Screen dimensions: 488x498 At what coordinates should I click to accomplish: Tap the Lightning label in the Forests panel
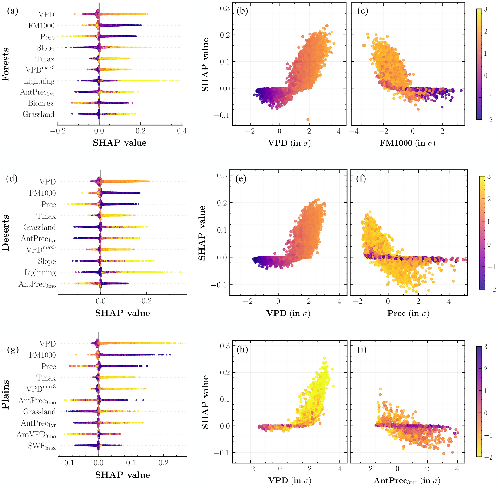[39, 81]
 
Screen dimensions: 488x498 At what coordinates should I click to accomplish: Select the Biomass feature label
[41, 103]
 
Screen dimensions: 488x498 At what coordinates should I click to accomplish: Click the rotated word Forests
[5, 64]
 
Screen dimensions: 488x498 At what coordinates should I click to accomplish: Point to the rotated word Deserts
[5, 233]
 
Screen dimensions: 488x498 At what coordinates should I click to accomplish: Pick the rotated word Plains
[5, 394]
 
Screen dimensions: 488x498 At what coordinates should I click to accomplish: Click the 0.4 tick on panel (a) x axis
[182, 131]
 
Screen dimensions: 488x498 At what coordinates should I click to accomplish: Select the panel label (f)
[361, 179]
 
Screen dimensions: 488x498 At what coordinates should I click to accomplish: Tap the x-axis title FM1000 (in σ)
[407, 143]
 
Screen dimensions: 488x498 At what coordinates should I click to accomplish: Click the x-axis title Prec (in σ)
[408, 313]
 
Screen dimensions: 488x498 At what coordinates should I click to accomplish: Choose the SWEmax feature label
[42, 446]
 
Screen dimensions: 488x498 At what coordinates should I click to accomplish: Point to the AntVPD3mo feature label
[36, 435]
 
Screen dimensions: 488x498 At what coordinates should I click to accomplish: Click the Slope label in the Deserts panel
[47, 261]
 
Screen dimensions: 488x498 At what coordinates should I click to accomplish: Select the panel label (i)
[362, 349]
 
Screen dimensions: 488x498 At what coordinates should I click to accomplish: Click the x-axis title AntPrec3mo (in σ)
[407, 480]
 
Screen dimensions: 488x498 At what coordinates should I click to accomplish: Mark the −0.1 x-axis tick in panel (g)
[66, 463]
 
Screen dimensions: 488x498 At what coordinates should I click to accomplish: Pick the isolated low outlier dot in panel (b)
[308, 120]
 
